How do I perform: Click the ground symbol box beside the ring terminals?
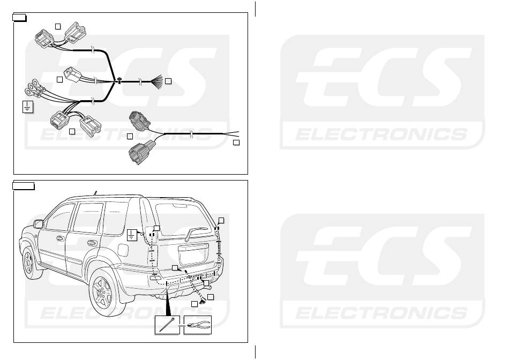26,106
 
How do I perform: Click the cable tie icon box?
168,325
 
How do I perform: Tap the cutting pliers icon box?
197,325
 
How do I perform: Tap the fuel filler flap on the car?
122,250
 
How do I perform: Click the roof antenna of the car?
95,192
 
